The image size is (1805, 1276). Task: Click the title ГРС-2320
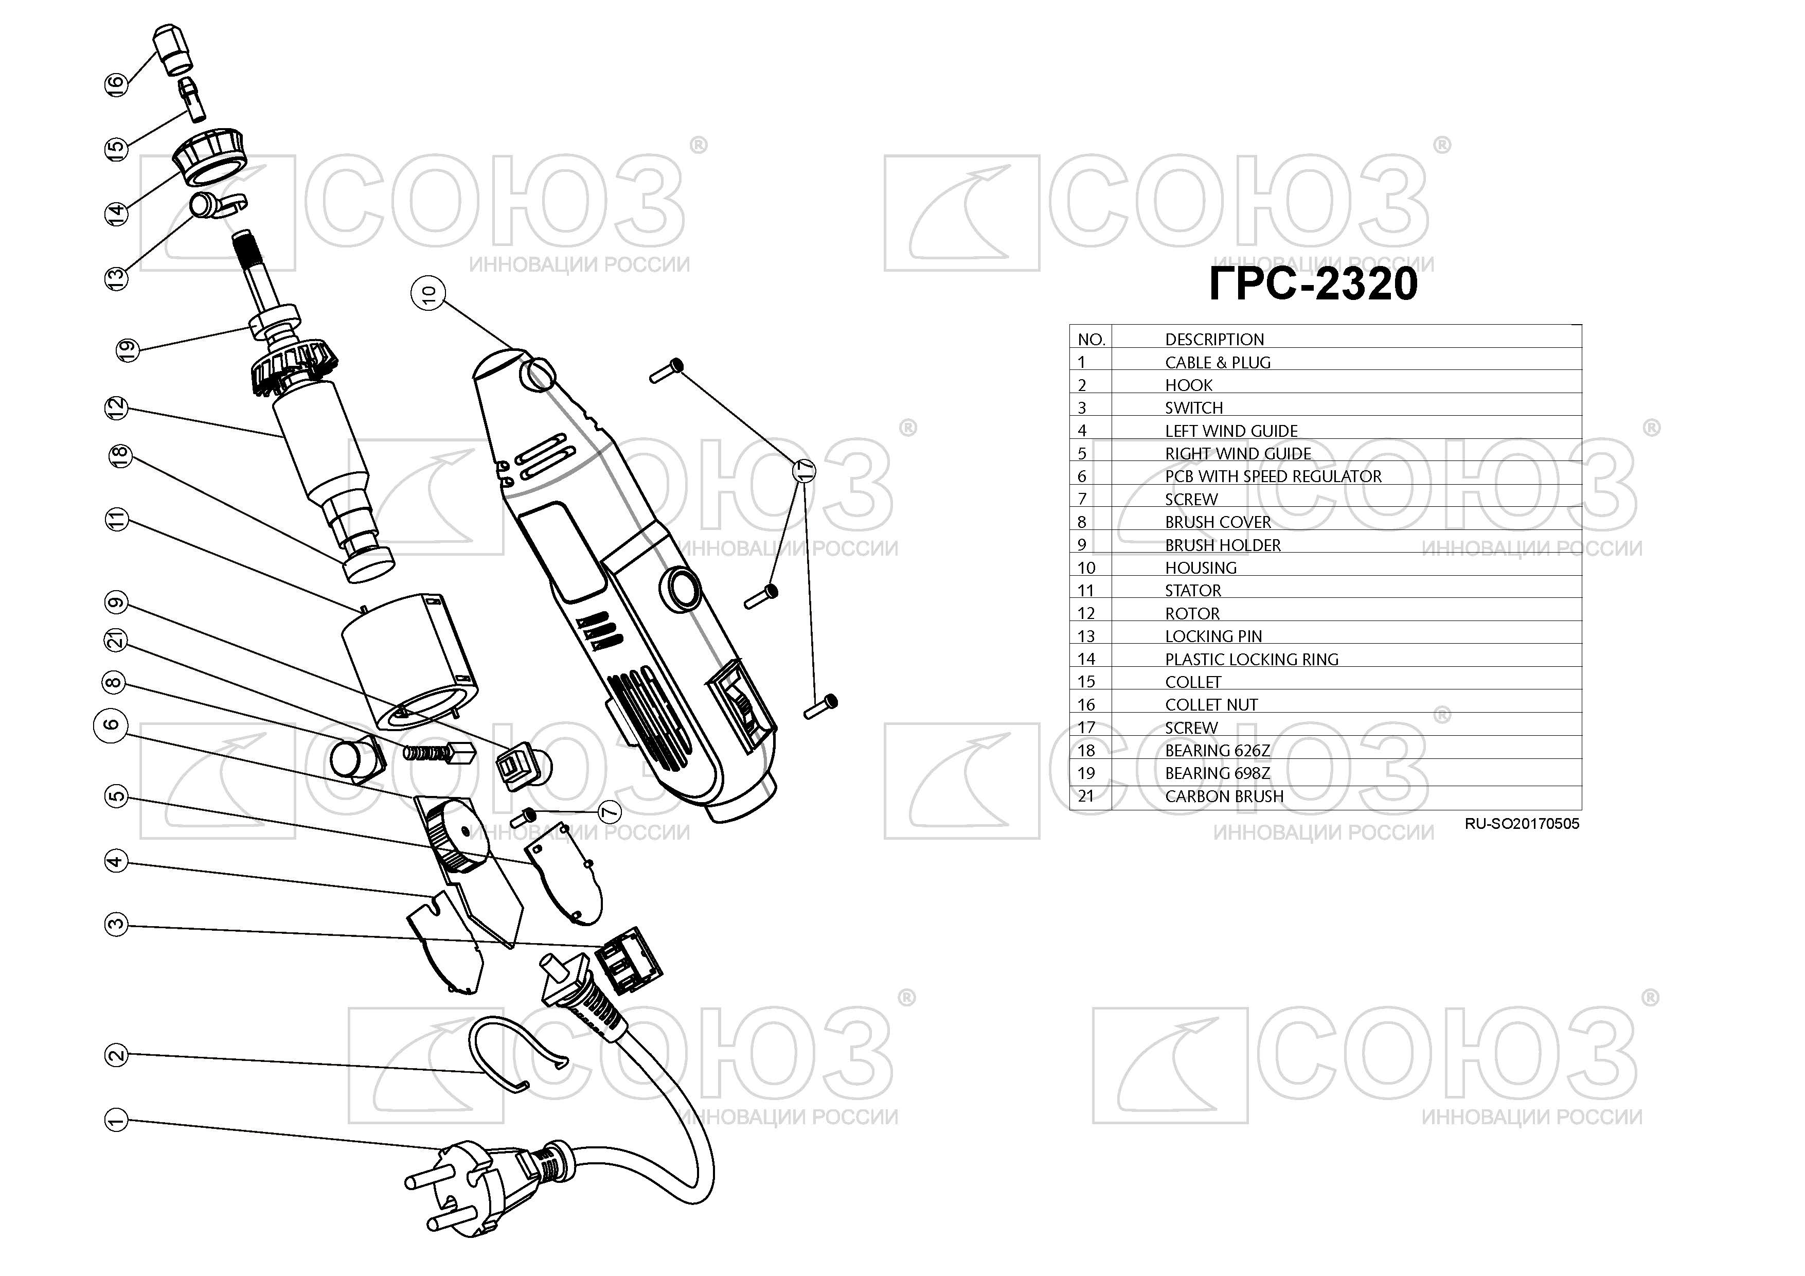coord(1313,284)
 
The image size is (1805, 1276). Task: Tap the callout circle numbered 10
coord(428,294)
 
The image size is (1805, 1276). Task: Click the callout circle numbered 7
coord(609,811)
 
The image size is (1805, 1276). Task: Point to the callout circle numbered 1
coord(116,1120)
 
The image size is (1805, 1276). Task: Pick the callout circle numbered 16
coord(116,84)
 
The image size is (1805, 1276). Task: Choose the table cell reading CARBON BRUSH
coord(1224,796)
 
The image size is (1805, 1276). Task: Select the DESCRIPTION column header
coord(1214,340)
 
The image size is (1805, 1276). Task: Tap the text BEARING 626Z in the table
coord(1217,751)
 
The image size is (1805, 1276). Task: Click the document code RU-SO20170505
coord(1522,824)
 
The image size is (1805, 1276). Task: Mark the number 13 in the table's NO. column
coord(1086,636)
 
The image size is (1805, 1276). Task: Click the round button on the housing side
coord(681,589)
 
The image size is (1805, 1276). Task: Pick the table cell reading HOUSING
coord(1201,568)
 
